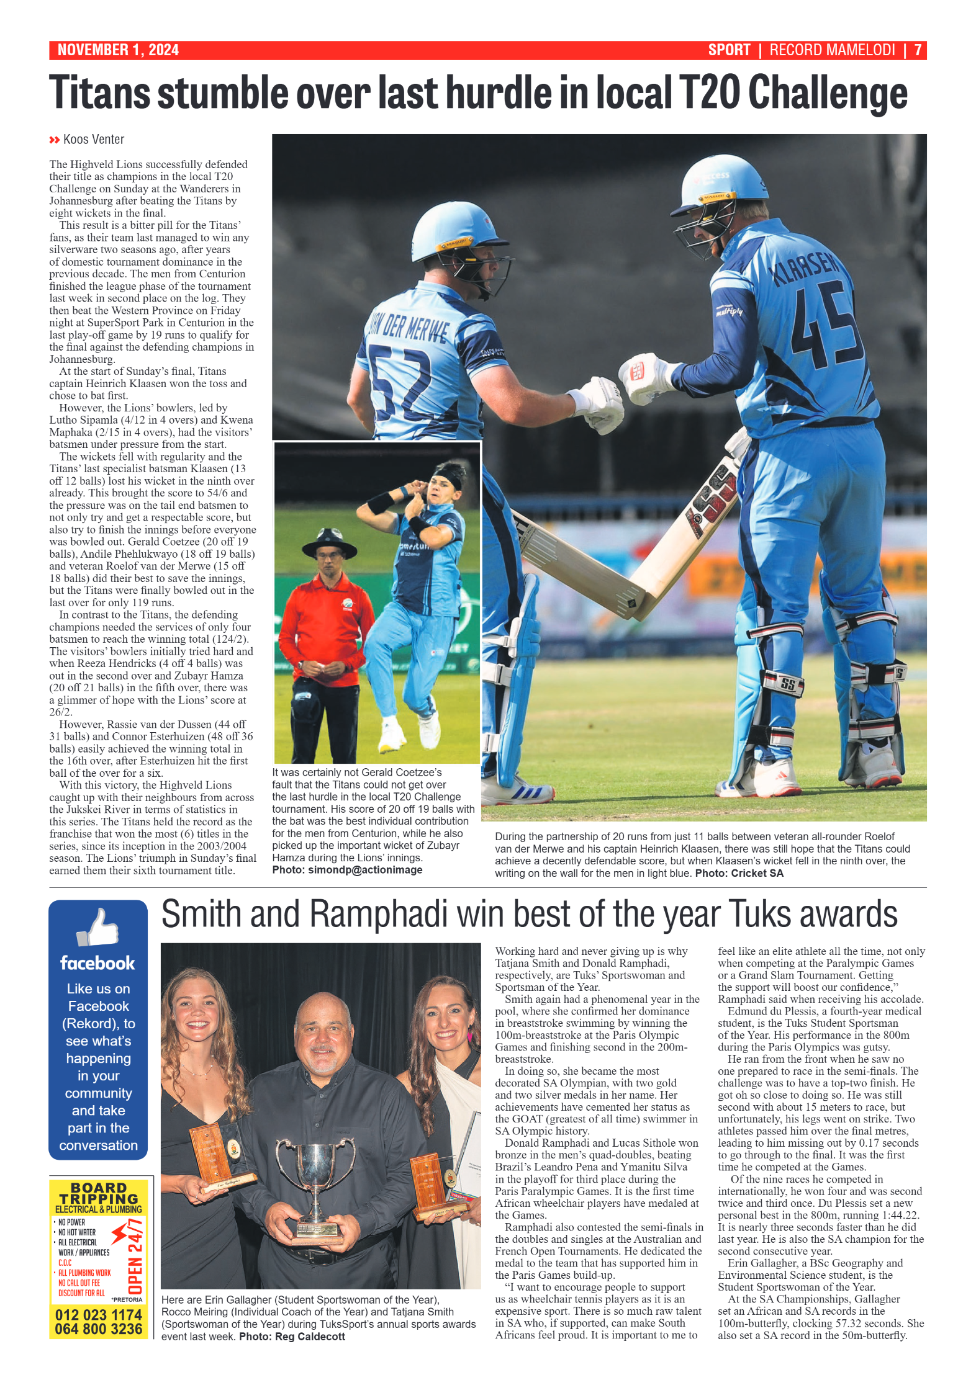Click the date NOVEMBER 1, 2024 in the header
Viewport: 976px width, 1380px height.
tap(118, 50)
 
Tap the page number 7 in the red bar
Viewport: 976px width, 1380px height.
tap(917, 50)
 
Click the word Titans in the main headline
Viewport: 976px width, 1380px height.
tap(99, 93)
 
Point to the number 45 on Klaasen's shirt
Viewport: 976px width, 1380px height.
tap(826, 323)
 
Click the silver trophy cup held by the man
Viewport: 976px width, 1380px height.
tap(315, 1167)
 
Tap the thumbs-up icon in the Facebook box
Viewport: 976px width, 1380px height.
tap(98, 928)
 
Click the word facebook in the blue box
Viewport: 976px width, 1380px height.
tap(97, 963)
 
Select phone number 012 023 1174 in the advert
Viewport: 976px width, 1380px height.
tap(99, 1315)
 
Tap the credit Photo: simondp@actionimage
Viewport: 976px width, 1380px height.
tap(347, 870)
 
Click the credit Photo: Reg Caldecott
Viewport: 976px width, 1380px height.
tap(292, 1336)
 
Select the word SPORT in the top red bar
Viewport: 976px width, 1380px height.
tap(729, 50)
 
